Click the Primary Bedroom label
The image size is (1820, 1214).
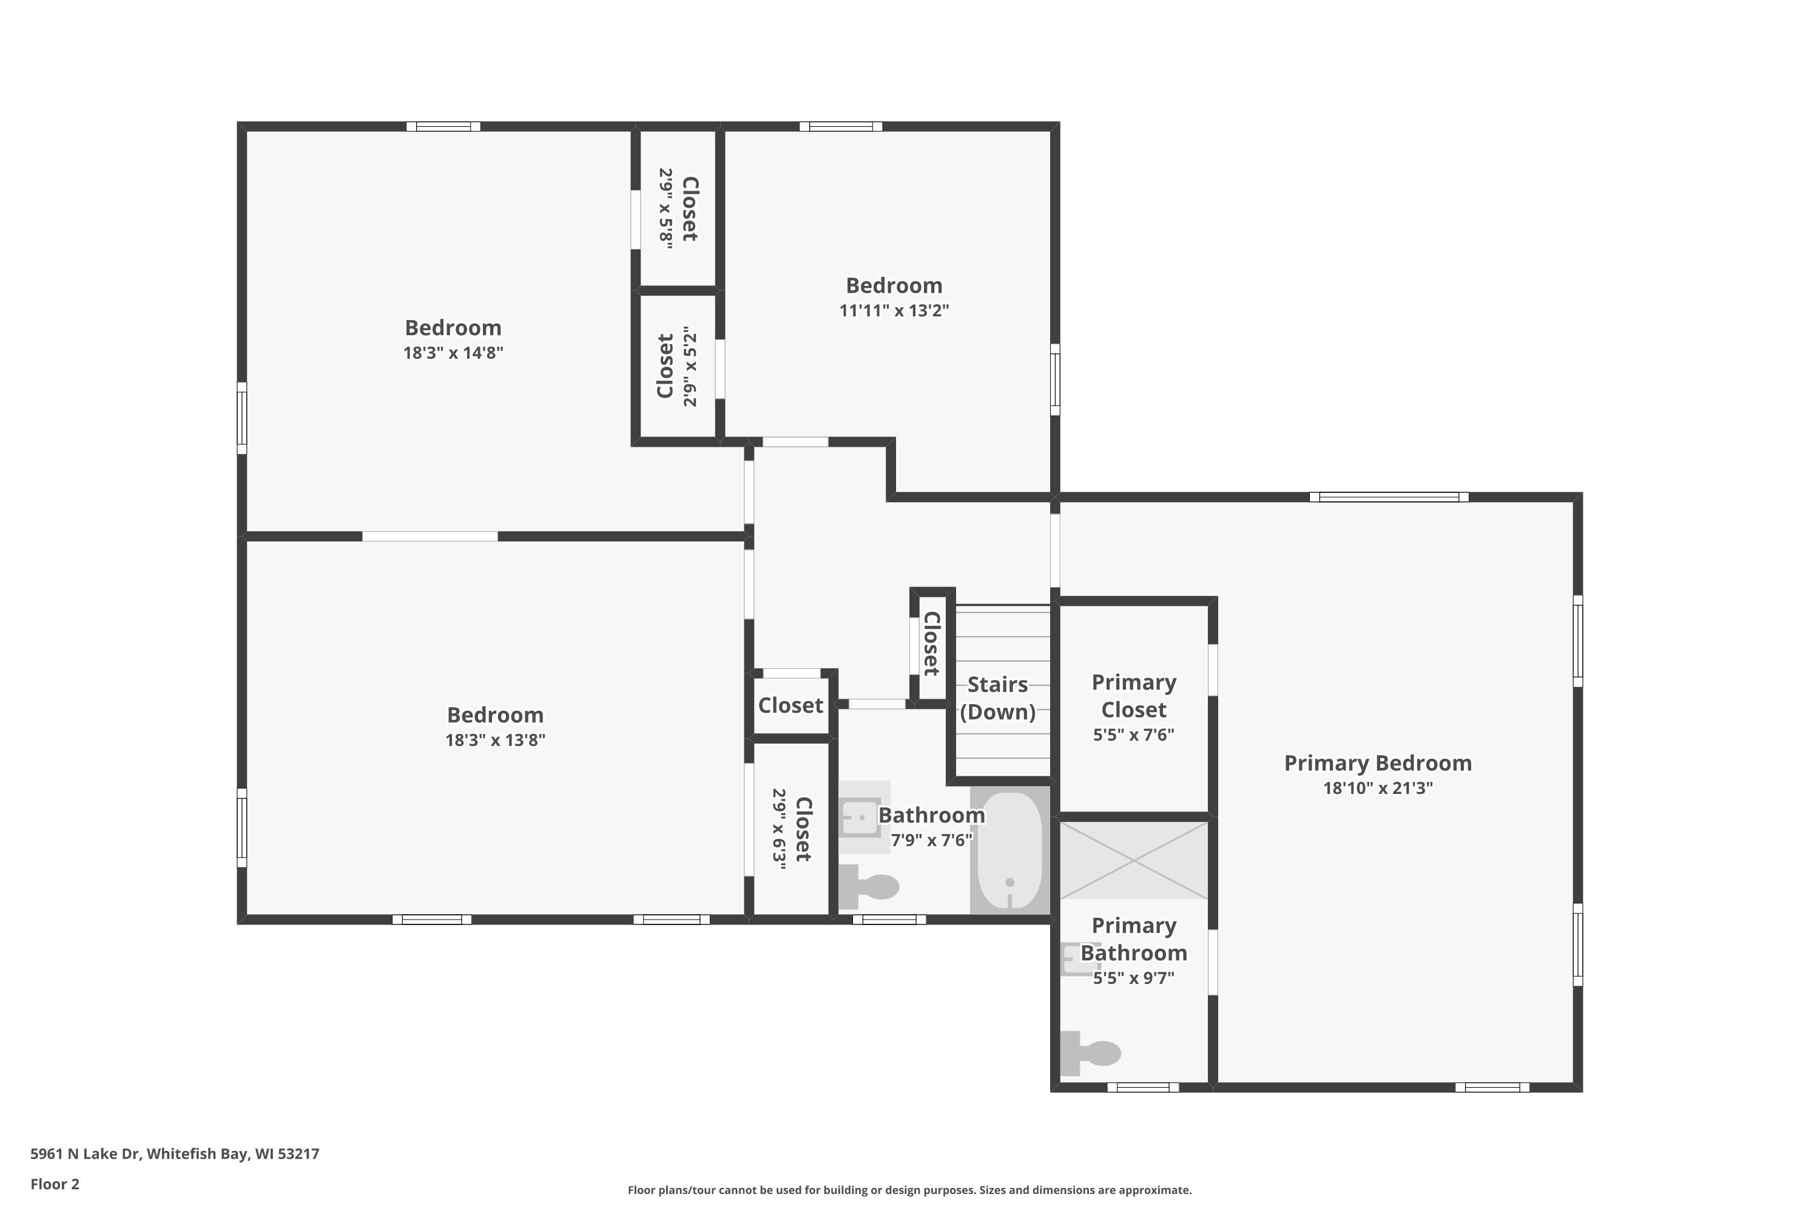[x=1377, y=764]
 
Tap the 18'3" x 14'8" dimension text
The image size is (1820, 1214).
[x=453, y=353]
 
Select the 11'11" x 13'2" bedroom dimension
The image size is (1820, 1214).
[x=894, y=310]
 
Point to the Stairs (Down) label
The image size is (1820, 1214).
[x=997, y=699]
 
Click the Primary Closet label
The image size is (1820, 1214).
[x=1134, y=696]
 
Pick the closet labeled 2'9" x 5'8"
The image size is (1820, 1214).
[x=678, y=209]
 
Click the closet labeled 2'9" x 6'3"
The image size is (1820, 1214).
[x=791, y=829]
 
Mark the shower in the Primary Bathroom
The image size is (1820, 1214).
[x=1134, y=860]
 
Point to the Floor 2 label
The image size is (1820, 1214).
[x=55, y=1184]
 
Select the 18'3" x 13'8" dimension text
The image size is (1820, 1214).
[x=495, y=740]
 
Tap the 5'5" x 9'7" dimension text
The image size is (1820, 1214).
[x=1134, y=978]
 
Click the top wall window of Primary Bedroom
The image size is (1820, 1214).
[x=1389, y=497]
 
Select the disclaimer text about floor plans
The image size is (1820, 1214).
[x=909, y=1190]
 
